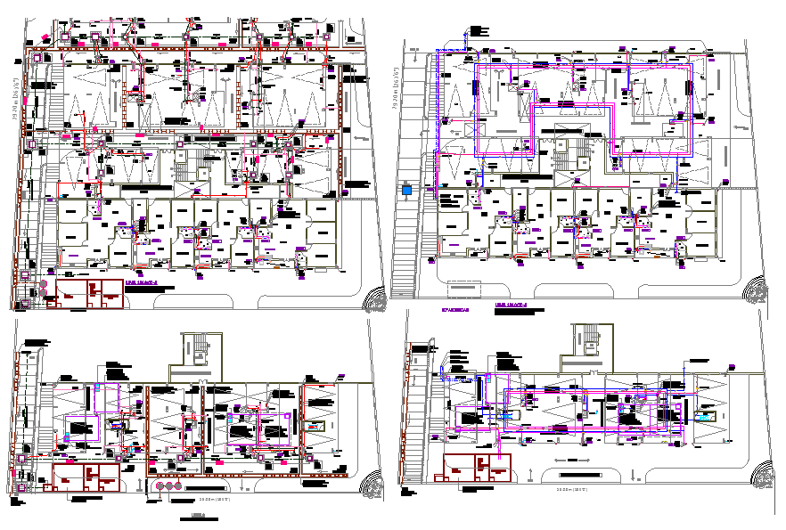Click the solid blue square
click(406, 191)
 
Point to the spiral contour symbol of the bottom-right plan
click(763, 475)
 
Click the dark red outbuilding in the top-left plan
click(90, 293)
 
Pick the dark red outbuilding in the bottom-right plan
click(478, 468)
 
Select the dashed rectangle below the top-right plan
click(462, 292)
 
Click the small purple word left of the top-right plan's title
click(458, 311)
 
